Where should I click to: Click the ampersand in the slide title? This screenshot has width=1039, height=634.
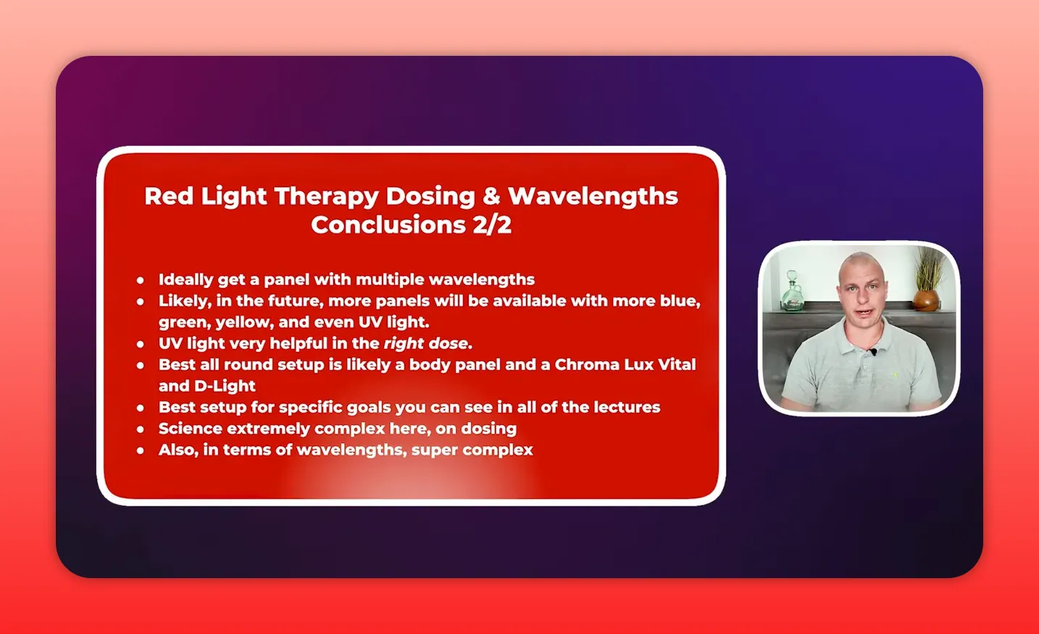pyautogui.click(x=491, y=196)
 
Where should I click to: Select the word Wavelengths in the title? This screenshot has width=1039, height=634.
pyautogui.click(x=593, y=196)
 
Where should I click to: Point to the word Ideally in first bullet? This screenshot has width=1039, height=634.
pyautogui.click(x=185, y=280)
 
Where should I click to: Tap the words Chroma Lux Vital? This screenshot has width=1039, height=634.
pyautogui.click(x=625, y=364)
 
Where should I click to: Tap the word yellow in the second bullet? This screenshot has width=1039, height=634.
pyautogui.click(x=243, y=322)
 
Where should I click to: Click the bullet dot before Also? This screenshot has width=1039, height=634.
pyautogui.click(x=141, y=450)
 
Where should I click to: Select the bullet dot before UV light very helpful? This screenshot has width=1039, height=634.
pyautogui.click(x=141, y=344)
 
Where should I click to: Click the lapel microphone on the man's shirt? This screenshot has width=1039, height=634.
pyautogui.click(x=873, y=353)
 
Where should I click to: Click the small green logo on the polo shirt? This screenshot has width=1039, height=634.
pyautogui.click(x=894, y=374)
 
